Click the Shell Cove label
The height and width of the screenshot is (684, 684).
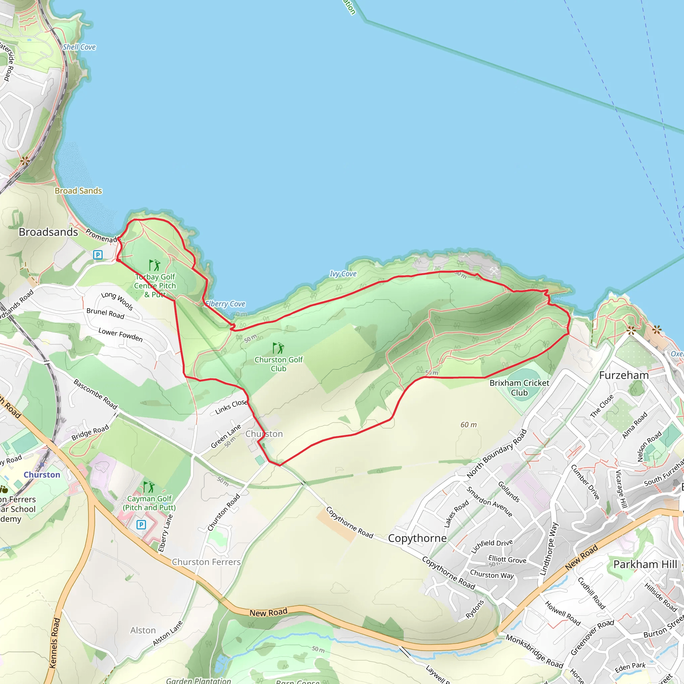click(x=79, y=47)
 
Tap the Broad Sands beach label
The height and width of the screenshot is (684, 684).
click(x=78, y=191)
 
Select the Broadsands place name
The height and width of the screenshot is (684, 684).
click(x=48, y=232)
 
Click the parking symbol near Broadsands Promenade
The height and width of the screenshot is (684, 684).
click(x=98, y=254)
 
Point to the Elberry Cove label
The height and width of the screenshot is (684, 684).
click(x=225, y=304)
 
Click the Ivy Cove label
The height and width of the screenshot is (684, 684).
click(x=343, y=274)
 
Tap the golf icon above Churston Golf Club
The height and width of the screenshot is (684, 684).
click(x=278, y=348)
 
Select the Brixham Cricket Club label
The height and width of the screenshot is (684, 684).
click(x=519, y=388)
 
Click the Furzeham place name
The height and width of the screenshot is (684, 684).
click(x=624, y=375)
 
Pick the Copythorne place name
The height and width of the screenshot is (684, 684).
click(x=417, y=538)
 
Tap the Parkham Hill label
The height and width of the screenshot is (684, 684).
click(x=645, y=564)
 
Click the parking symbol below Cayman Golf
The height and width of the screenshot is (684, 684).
click(x=141, y=525)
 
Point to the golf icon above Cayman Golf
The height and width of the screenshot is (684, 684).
click(x=149, y=487)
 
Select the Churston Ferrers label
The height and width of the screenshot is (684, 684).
click(x=206, y=562)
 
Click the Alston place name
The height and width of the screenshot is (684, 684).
click(x=143, y=630)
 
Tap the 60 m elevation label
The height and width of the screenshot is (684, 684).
click(x=468, y=424)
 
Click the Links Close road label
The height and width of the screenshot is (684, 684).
click(x=231, y=407)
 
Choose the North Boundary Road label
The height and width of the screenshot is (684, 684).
click(x=497, y=454)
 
